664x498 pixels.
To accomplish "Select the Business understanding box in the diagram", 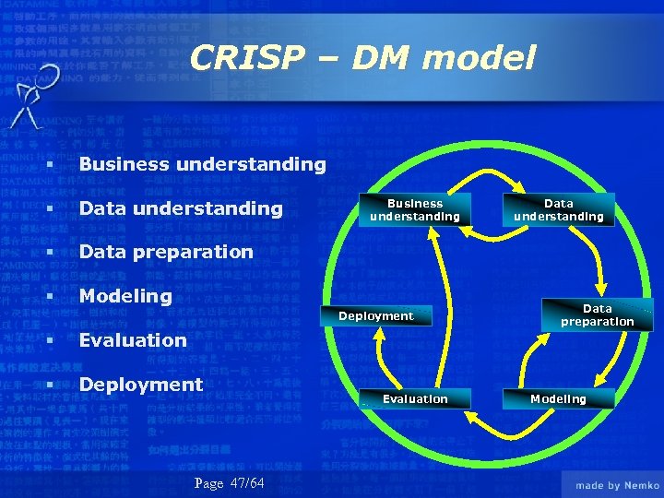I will click(415, 210).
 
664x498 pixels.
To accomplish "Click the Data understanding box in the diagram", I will click(559, 210).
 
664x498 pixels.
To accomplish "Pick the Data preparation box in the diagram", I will click(598, 315).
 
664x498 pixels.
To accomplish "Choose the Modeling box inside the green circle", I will click(558, 398).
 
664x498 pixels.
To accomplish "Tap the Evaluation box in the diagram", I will click(415, 398).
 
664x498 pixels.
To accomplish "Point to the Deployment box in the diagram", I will click(376, 316).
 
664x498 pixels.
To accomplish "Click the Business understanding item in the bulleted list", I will click(202, 164).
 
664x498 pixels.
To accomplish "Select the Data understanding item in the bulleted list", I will click(181, 208).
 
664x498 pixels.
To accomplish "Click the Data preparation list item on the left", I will click(166, 252).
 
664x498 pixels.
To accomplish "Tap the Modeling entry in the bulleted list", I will click(125, 296).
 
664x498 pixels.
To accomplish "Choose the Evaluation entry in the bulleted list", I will click(133, 340).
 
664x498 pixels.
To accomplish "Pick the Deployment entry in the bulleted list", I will click(140, 384).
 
